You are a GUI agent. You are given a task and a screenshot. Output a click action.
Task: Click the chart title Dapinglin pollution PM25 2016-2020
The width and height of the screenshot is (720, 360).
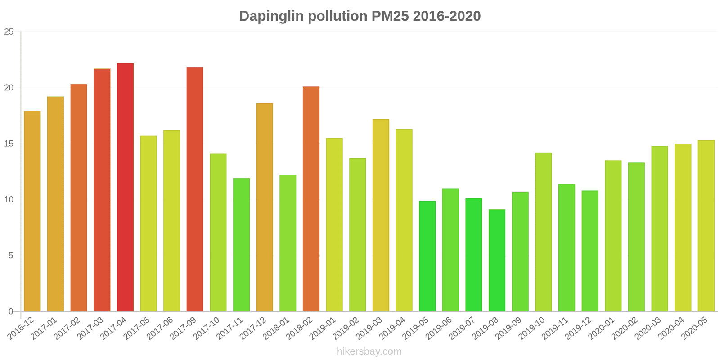pyautogui.click(x=360, y=16)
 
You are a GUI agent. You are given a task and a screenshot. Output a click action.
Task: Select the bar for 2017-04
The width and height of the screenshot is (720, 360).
pyautogui.click(x=125, y=187)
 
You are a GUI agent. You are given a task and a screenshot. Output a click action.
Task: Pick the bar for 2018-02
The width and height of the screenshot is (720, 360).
pyautogui.click(x=311, y=199)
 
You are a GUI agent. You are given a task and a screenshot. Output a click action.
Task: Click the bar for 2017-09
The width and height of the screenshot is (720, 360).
pyautogui.click(x=195, y=189)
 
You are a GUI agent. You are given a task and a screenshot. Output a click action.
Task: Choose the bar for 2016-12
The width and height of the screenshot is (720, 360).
pyautogui.click(x=32, y=211)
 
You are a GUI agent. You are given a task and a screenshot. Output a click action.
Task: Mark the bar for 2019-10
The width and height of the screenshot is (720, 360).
pyautogui.click(x=544, y=232)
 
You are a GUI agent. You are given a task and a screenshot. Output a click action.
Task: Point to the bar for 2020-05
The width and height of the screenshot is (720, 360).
pyautogui.click(x=706, y=226)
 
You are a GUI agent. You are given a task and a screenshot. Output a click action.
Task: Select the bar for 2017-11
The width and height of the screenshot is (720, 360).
pyautogui.click(x=241, y=245)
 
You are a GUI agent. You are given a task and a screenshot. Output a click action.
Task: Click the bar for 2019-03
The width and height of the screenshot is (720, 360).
pyautogui.click(x=381, y=215)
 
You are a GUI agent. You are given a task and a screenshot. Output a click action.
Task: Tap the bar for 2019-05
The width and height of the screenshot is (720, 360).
pyautogui.click(x=427, y=256)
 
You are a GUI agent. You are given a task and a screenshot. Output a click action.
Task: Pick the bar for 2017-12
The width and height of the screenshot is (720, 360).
pyautogui.click(x=265, y=207)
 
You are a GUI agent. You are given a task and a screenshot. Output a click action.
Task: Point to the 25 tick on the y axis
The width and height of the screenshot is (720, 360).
pyautogui.click(x=9, y=32)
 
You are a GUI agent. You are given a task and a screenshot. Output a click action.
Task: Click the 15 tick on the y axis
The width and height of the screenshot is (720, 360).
pyautogui.click(x=9, y=144)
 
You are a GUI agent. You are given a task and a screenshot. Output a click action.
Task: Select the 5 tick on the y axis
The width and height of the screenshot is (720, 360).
pyautogui.click(x=11, y=256)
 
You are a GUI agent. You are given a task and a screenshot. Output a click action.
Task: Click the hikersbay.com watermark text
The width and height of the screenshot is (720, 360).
pyautogui.click(x=369, y=351)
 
